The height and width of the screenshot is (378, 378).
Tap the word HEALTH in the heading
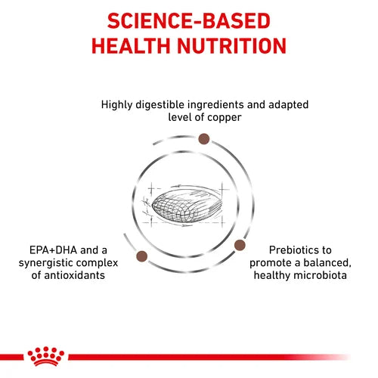tap(135, 45)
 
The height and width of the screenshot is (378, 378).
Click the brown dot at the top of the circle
tap(203, 138)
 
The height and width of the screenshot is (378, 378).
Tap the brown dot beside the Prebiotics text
tap(240, 245)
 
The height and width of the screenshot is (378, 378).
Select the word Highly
tap(118, 104)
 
